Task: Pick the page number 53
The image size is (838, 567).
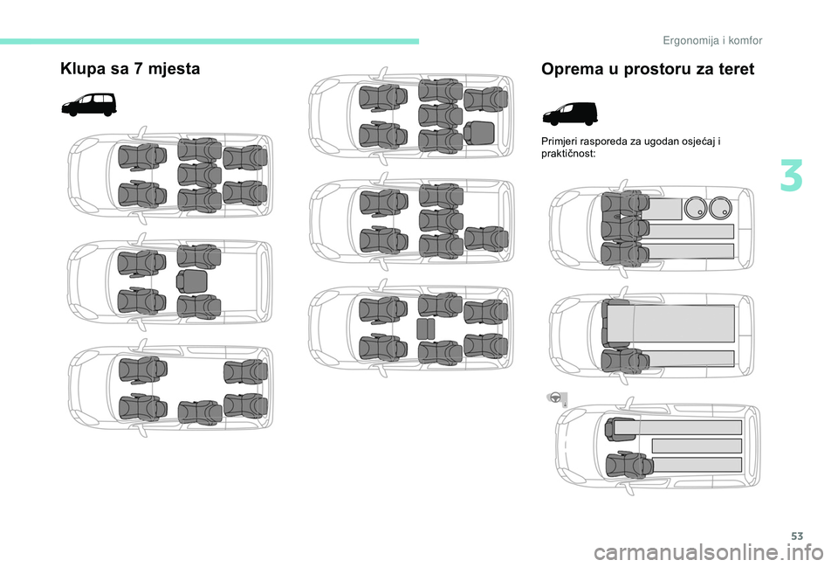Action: click(797, 536)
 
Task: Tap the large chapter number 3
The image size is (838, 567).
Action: click(791, 176)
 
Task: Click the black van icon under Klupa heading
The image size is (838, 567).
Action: click(89, 104)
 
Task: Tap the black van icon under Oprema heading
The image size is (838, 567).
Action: click(570, 114)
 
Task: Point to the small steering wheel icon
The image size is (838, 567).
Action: click(555, 398)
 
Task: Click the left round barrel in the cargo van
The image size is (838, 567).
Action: click(696, 208)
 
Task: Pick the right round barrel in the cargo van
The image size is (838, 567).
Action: click(720, 208)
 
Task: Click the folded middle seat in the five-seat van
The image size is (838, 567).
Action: click(191, 281)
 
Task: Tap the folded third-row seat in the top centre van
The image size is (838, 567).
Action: click(479, 133)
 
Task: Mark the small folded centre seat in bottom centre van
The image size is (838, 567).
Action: click(425, 329)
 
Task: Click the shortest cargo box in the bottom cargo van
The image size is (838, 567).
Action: click(697, 446)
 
